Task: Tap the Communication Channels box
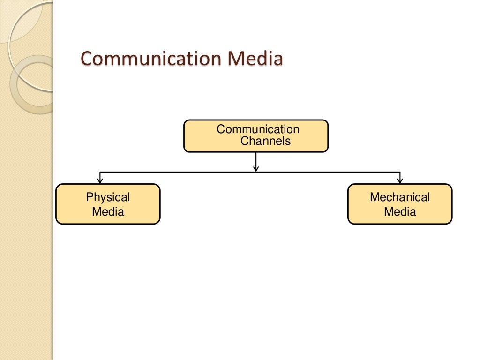click(256, 136)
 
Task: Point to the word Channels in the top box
click(265, 141)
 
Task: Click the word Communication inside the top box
click(258, 129)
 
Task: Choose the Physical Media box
click(108, 204)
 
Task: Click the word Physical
click(108, 197)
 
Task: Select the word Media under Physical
click(108, 211)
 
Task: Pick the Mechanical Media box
click(400, 204)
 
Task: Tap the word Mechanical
click(400, 197)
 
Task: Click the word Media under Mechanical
click(400, 211)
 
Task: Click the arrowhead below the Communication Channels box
click(256, 168)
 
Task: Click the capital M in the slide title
click(236, 59)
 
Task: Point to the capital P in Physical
click(90, 197)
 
